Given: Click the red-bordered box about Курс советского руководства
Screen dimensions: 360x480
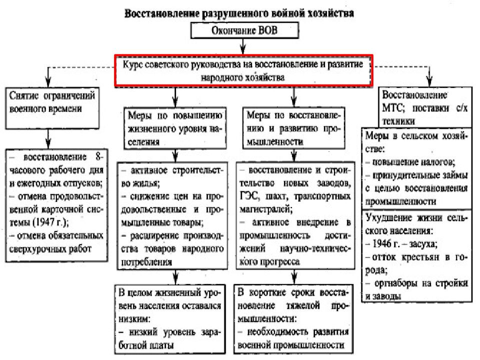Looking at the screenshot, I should click(242, 70).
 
